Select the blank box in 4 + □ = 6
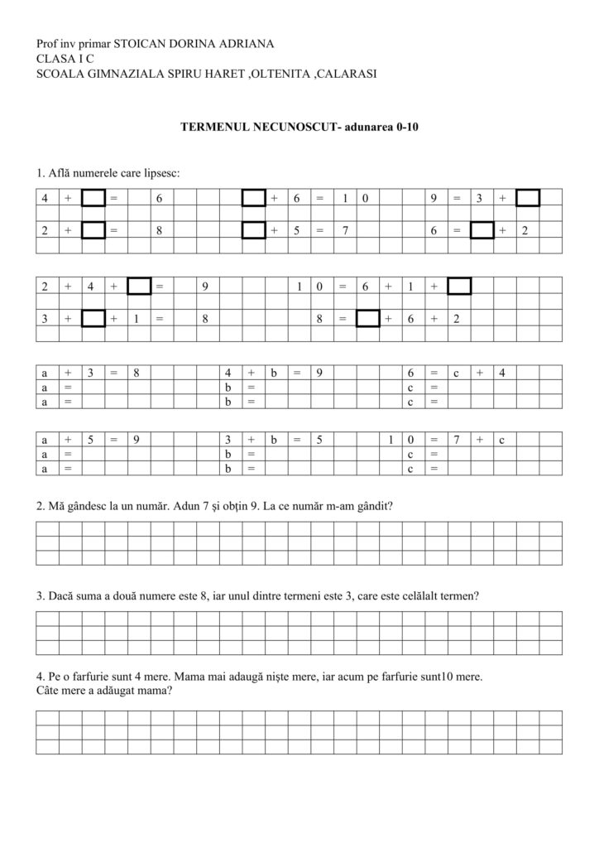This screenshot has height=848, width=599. coord(93,198)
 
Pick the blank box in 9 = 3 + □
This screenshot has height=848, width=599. coord(527,198)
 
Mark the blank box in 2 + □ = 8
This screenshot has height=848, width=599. coord(93,230)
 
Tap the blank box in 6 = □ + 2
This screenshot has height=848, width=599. coord(482,230)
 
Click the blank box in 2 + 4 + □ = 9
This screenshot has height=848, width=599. coord(139,287)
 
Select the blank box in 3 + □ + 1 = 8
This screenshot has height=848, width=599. coord(93,319)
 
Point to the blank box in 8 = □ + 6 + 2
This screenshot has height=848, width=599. coord(367,319)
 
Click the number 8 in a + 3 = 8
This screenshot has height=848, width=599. coord(137,373)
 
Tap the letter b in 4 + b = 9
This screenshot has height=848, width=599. coord(272,373)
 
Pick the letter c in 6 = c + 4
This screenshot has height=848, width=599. coord(456,373)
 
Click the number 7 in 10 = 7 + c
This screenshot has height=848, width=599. coord(456,440)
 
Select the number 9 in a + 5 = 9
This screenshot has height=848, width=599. coord(137,440)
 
